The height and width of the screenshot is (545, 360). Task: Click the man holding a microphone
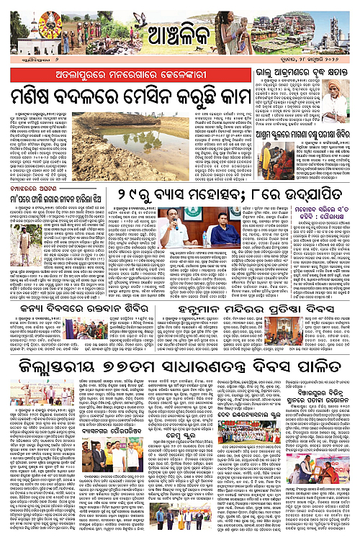176,232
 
